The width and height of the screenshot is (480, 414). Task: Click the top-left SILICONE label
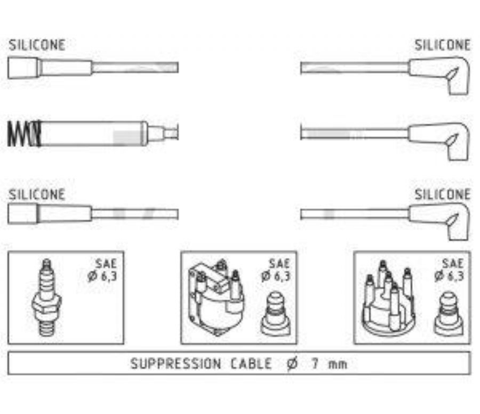tap(37, 45)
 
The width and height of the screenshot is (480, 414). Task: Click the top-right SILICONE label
tap(443, 45)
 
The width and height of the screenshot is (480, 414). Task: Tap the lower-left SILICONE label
tap(37, 194)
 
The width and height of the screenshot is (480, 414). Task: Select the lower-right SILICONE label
tap(443, 194)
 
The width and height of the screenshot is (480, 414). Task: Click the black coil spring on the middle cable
tap(24, 133)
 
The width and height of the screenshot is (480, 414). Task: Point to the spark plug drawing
tap(47, 297)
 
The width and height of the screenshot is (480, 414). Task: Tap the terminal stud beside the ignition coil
tap(276, 314)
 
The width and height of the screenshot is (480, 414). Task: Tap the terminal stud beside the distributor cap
tap(449, 314)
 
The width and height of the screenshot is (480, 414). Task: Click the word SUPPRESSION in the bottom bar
tap(175, 364)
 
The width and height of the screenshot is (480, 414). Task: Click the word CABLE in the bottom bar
tap(251, 364)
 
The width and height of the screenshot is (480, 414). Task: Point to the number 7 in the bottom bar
tap(314, 364)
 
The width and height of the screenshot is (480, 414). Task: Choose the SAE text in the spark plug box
tap(106, 263)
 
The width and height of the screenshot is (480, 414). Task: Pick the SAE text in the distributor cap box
tap(453, 263)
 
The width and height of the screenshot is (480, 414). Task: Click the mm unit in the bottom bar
tap(337, 365)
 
